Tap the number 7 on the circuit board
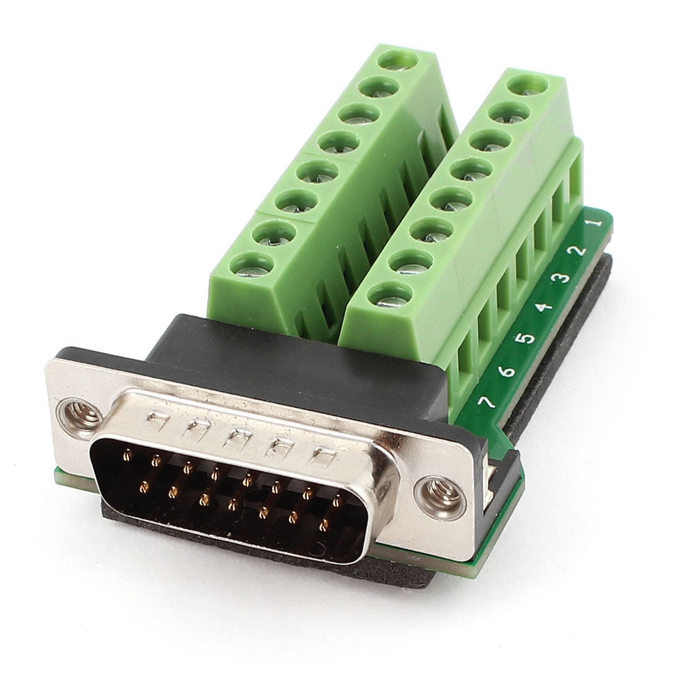click(x=486, y=402)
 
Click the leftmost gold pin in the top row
click(x=128, y=454)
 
